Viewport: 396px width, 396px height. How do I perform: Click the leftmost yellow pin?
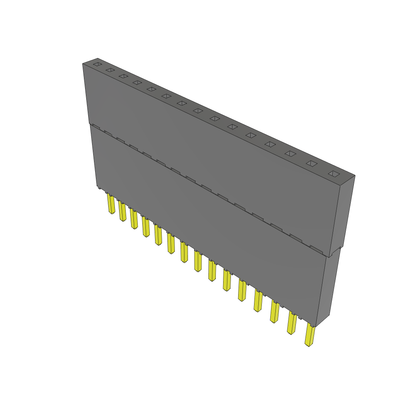pos(111,204)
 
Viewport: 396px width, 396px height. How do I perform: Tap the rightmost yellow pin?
pos(310,335)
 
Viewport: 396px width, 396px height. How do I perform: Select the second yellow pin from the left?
pos(122,211)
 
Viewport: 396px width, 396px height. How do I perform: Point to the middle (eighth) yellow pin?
pos(198,261)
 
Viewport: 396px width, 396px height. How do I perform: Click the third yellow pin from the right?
pos(274,312)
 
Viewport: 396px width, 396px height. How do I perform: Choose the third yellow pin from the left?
pos(134,219)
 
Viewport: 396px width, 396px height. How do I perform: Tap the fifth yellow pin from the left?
pos(158,235)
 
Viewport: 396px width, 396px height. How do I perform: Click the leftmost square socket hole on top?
pos(97,64)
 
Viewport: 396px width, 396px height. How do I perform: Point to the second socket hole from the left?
pos(110,70)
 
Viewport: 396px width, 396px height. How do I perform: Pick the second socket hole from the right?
pos(312,164)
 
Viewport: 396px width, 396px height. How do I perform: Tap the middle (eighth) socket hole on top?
pos(198,111)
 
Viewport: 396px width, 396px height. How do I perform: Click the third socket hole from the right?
pos(290,154)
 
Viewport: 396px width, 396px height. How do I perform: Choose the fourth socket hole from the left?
pos(137,82)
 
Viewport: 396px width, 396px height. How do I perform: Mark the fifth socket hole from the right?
pos(251,135)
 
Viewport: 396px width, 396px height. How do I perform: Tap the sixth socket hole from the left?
pos(166,96)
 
